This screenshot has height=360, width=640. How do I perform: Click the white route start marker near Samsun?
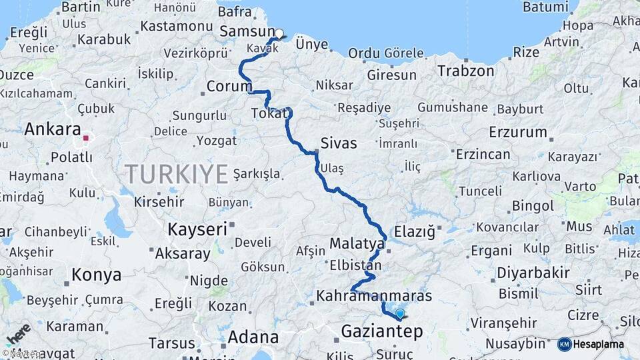coord(279,34)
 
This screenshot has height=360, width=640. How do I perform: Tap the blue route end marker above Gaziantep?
coord(400,313)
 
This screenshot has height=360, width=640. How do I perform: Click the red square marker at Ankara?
coord(86,139)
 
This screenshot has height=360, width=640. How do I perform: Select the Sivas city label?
coord(339,143)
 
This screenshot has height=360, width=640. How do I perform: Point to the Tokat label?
coord(270,114)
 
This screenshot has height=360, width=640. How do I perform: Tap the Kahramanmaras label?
coord(374,295)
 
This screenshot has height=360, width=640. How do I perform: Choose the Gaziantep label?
coord(381,331)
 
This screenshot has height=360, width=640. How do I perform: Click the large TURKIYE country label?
coord(177,174)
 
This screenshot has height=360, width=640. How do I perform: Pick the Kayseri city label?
coord(197,229)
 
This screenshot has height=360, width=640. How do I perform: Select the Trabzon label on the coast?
coord(467,71)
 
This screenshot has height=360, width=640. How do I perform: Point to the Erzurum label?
coord(518,132)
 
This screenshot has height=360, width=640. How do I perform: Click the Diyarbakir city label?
coord(533,273)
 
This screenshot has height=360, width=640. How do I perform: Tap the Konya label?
coord(97,275)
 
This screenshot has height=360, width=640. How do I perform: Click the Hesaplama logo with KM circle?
coord(591,344)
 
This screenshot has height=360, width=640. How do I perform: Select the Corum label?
coord(229,87)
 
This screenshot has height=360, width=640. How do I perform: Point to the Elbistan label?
coord(356,265)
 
